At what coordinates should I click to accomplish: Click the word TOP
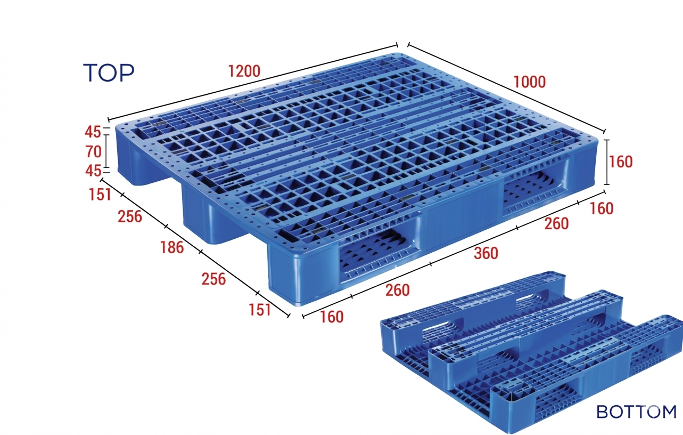coord(109,72)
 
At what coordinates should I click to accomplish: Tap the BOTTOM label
coord(636,412)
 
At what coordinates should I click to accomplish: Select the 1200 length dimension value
coord(244,71)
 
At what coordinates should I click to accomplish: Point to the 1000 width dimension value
coord(530,82)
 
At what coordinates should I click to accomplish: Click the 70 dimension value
coord(93,151)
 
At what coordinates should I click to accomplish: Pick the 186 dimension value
coord(172,247)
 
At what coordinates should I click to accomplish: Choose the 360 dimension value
coord(486,253)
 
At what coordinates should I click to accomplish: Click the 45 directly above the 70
coord(93,132)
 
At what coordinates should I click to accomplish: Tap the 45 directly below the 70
coord(93,171)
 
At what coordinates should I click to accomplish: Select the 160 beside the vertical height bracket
coord(621,162)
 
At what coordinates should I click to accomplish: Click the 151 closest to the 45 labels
coord(100,195)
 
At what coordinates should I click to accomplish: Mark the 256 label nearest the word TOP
coord(130,216)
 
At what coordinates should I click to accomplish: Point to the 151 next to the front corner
coord(260,310)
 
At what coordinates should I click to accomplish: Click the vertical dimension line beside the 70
coord(106,151)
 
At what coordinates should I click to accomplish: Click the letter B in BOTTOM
coord(602,412)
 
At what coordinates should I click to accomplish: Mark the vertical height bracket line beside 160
coord(607,162)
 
